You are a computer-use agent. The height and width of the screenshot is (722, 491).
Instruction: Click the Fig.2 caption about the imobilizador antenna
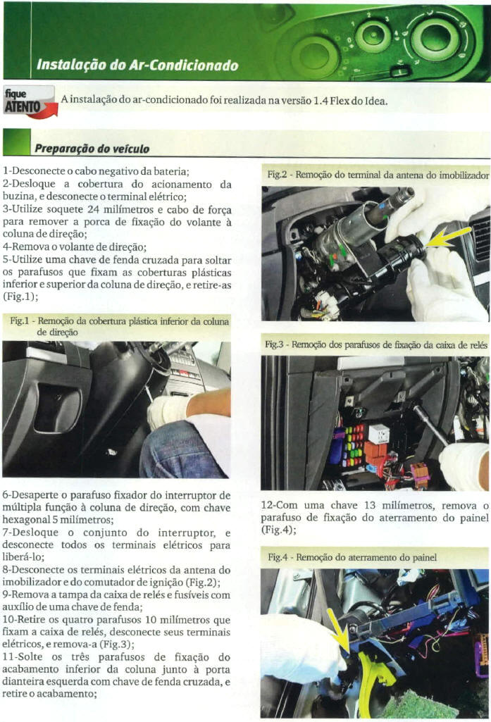[x=378, y=173]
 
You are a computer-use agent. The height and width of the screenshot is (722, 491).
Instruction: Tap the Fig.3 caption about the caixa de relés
[x=376, y=345]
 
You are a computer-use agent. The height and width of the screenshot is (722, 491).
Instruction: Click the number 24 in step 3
[x=101, y=209]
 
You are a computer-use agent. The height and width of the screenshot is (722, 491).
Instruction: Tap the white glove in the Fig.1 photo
[x=166, y=411]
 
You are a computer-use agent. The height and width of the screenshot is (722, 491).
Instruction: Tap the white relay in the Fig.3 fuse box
[x=378, y=432]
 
